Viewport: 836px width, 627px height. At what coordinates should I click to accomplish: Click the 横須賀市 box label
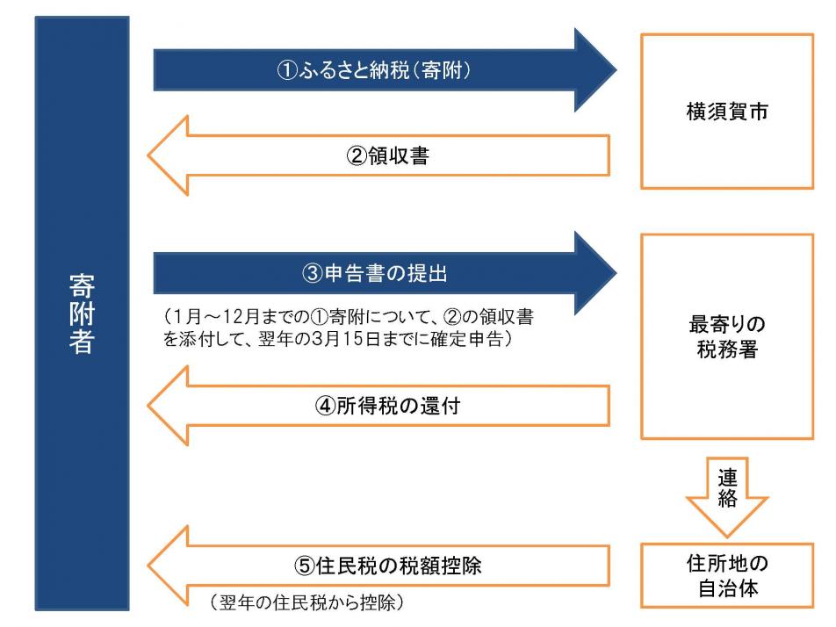coord(726,112)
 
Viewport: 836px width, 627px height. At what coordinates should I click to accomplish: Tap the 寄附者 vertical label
coord(81,313)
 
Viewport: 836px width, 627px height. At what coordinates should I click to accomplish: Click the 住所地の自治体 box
coord(726,575)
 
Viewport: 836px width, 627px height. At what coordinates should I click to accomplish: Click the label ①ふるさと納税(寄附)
coord(371,70)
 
